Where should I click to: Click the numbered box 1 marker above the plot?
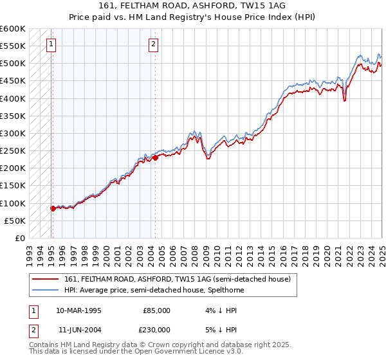(x=51, y=44)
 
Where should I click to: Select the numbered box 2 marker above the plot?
(x=154, y=44)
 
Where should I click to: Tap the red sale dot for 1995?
(x=53, y=208)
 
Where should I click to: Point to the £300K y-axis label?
(x=13, y=133)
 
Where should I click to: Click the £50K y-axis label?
(x=15, y=221)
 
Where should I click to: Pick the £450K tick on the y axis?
(x=13, y=80)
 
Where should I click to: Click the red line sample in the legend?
(x=46, y=279)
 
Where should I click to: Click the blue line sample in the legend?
(x=46, y=290)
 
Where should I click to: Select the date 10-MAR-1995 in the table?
(x=78, y=310)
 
